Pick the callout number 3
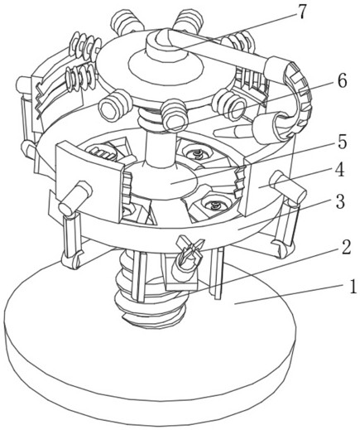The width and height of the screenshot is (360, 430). (x=339, y=201)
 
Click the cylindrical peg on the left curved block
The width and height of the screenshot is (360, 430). (x=74, y=197)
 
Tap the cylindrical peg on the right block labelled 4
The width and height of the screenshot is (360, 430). (x=288, y=186)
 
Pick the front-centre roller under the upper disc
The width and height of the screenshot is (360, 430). (x=174, y=114)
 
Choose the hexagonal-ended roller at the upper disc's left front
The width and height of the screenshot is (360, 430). (x=113, y=106)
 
